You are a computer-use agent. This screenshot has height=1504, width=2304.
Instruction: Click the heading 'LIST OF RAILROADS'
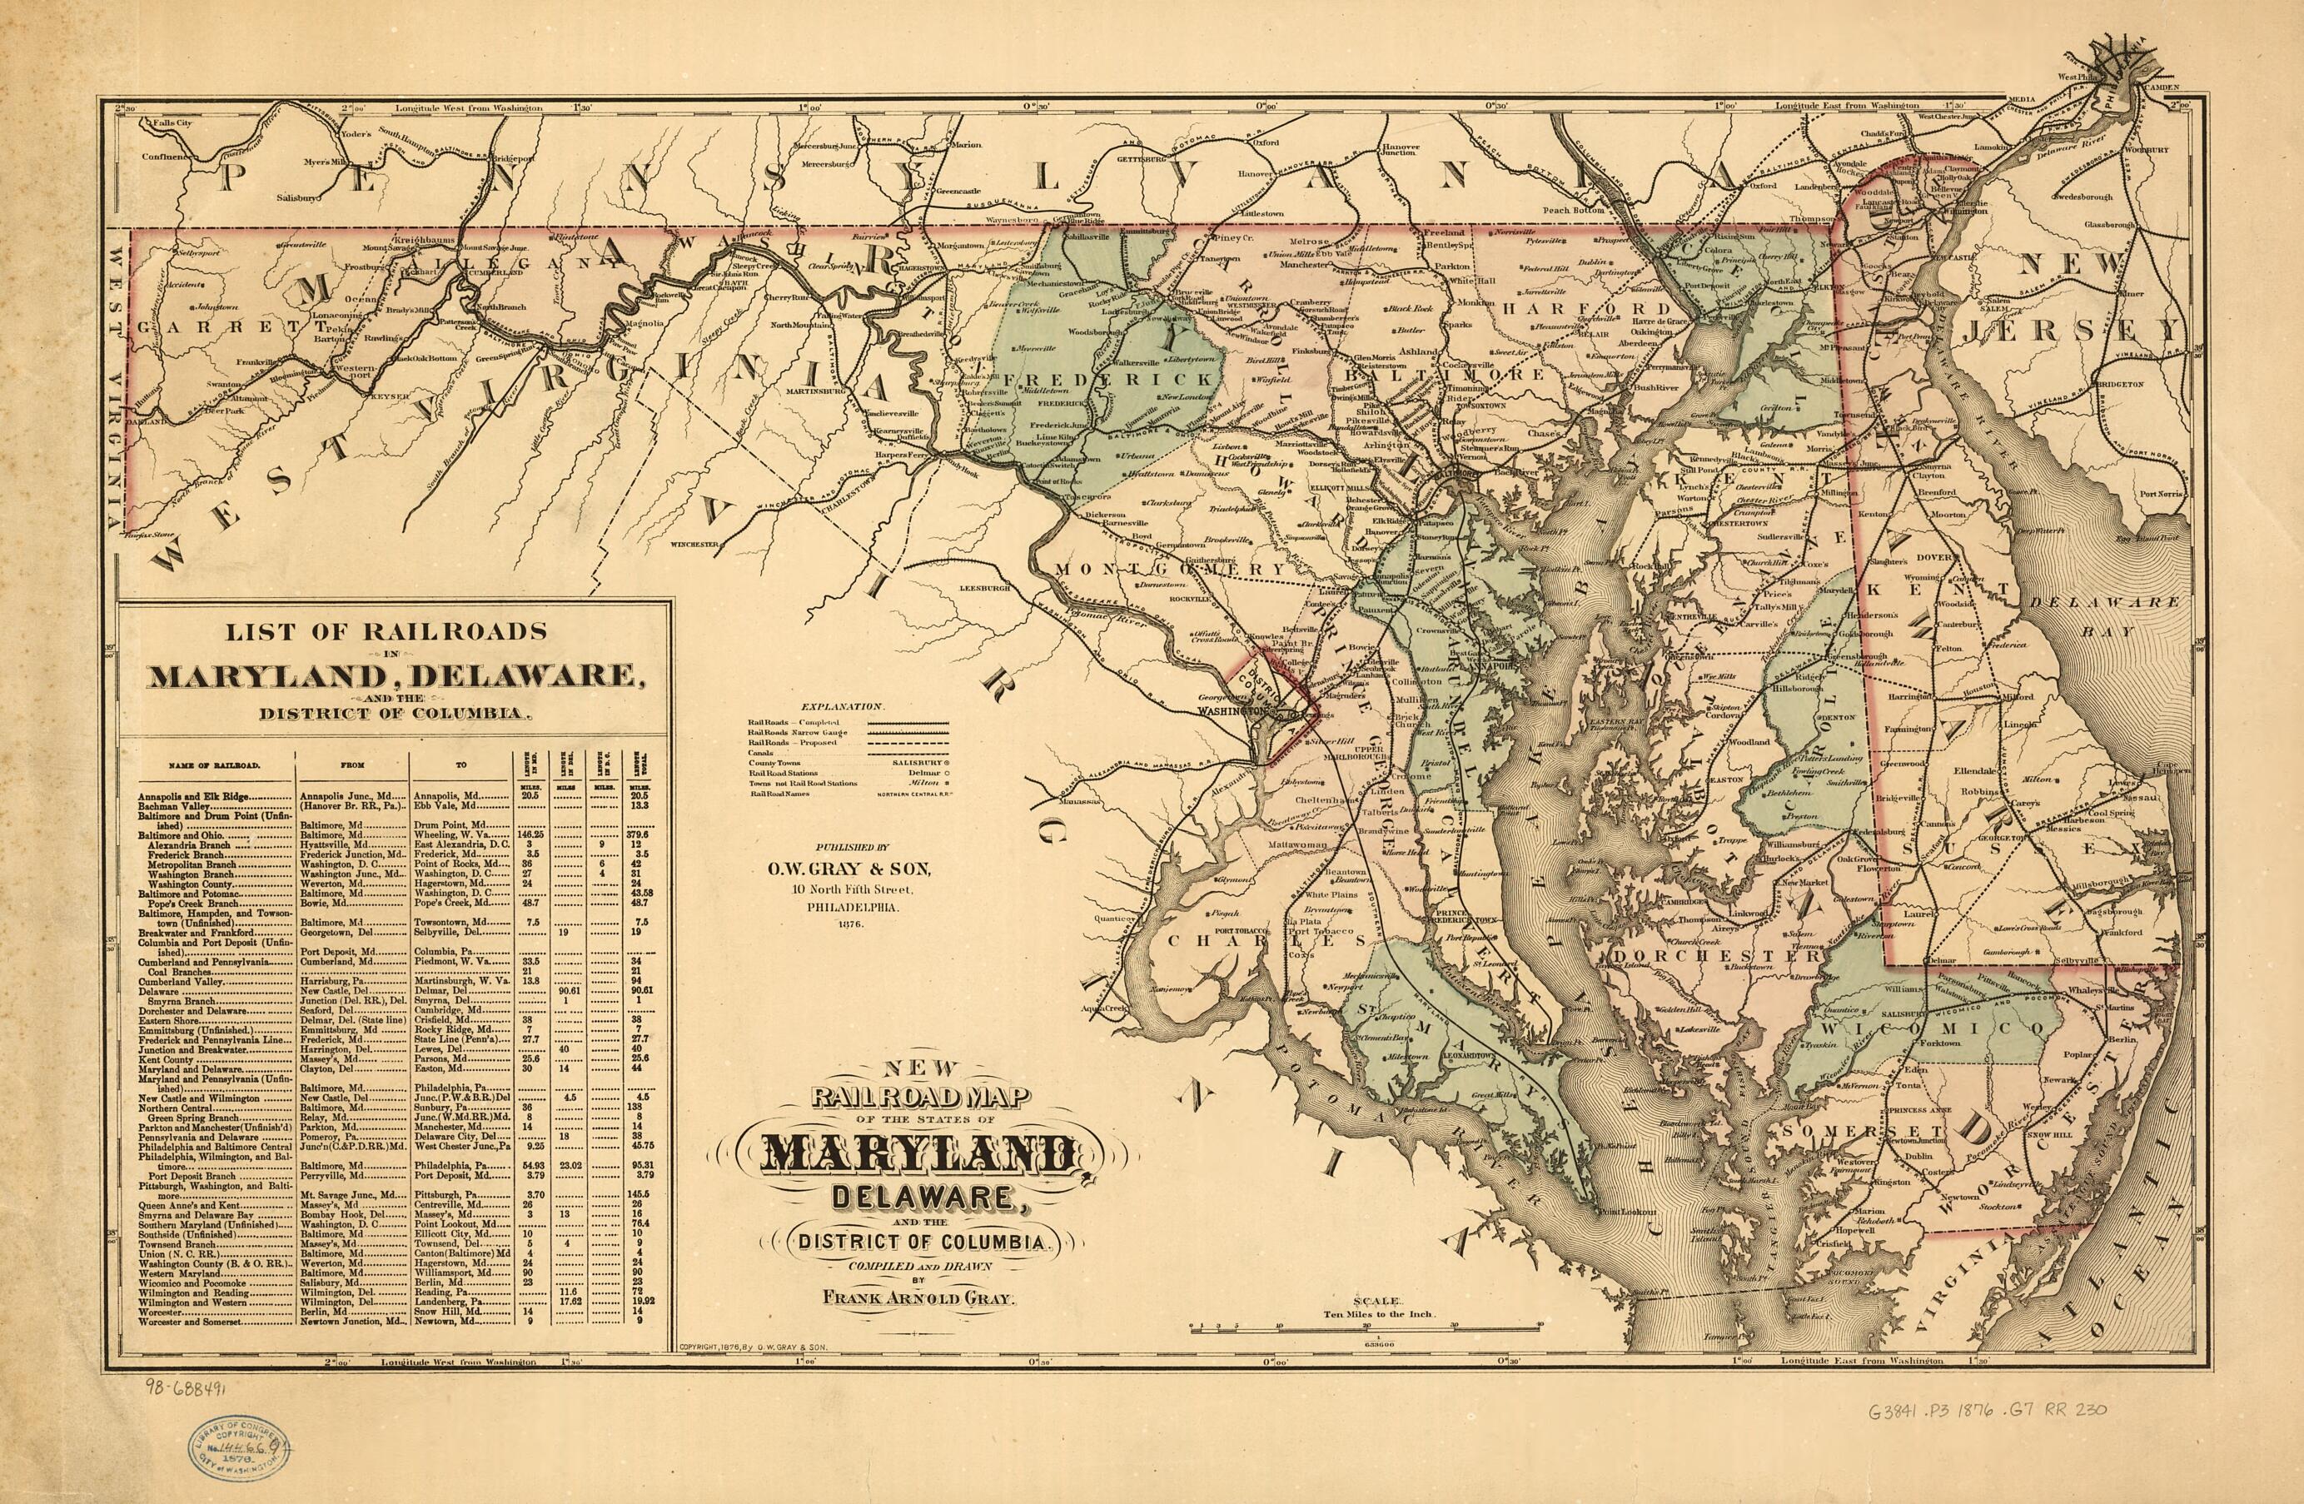pos(386,631)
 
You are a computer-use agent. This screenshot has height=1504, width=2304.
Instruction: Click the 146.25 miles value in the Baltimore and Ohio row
pos(530,834)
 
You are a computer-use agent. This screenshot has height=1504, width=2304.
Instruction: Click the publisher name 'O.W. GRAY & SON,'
pos(849,868)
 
